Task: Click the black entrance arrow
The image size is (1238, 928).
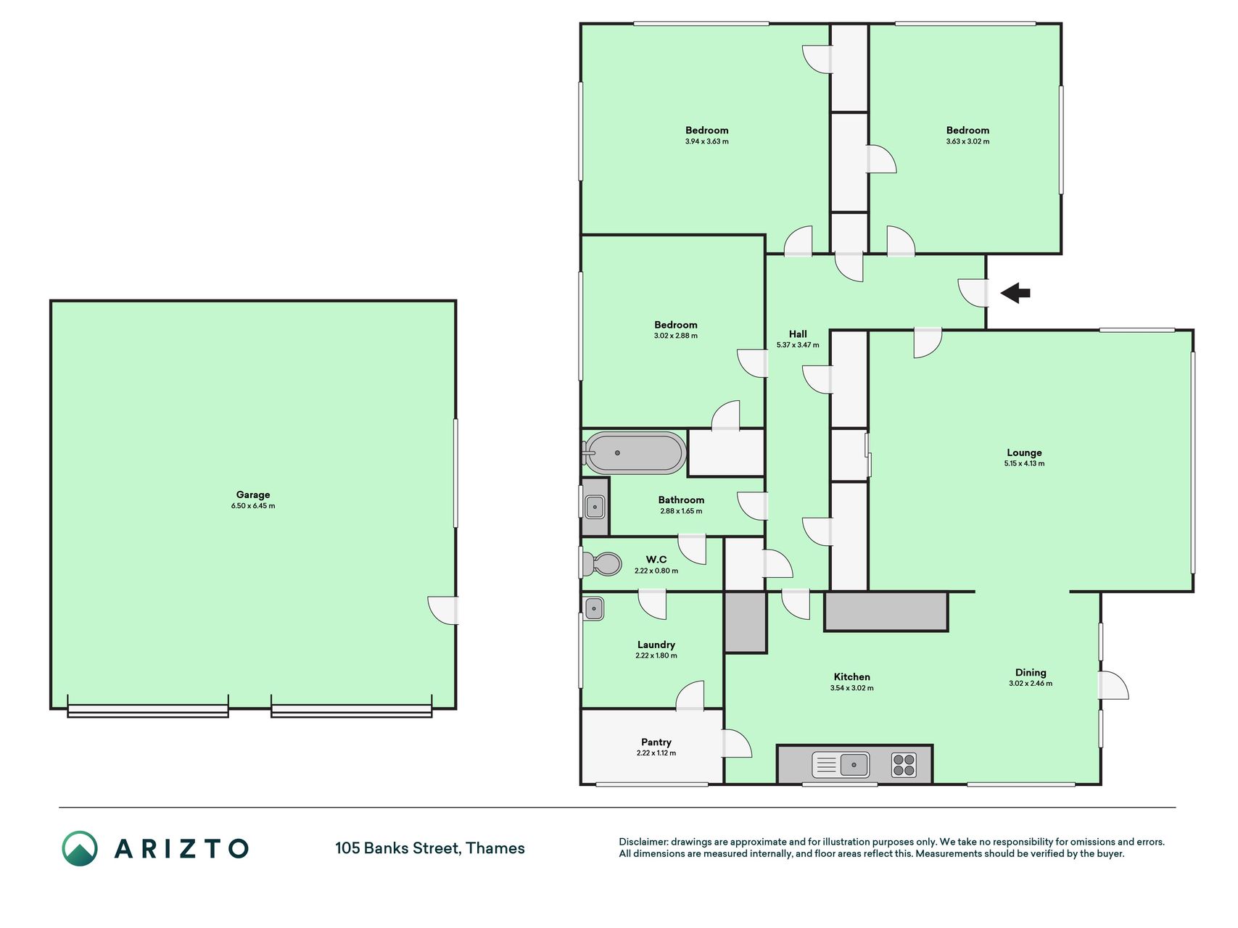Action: tap(1015, 293)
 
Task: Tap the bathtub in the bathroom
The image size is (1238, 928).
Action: tap(634, 453)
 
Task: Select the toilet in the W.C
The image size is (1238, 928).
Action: tap(602, 564)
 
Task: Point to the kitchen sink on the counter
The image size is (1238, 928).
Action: tap(841, 765)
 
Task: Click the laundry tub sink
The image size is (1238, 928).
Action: tap(594, 608)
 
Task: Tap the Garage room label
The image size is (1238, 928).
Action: tap(253, 495)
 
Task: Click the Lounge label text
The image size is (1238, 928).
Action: tap(1024, 453)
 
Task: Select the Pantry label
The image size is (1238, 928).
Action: tap(656, 742)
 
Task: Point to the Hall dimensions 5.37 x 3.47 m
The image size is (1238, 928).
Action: tap(798, 345)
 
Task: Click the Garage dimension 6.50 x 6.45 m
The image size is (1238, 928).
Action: tap(253, 506)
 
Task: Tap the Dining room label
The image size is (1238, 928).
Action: tap(1031, 673)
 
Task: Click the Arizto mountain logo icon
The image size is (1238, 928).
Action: tap(80, 848)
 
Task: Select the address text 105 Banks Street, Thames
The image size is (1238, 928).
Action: tap(430, 848)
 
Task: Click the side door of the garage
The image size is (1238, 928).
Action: tap(444, 610)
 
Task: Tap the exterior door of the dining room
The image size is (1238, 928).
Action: tap(1114, 685)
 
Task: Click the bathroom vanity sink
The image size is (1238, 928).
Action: tap(595, 507)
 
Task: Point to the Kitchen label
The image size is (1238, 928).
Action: tap(852, 677)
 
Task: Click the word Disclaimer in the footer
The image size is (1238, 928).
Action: tap(643, 842)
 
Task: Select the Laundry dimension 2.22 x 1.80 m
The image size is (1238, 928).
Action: tap(656, 656)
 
